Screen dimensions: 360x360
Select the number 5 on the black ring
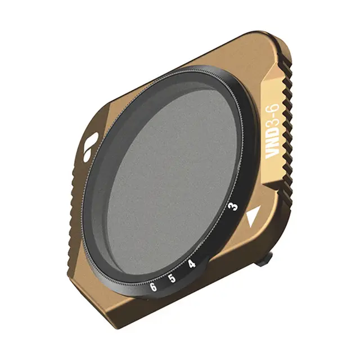(x=172, y=278)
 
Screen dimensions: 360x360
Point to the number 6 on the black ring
(x=152, y=287)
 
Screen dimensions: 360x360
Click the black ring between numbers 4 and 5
(x=182, y=272)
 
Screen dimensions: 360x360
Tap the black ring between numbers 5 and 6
(x=163, y=283)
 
